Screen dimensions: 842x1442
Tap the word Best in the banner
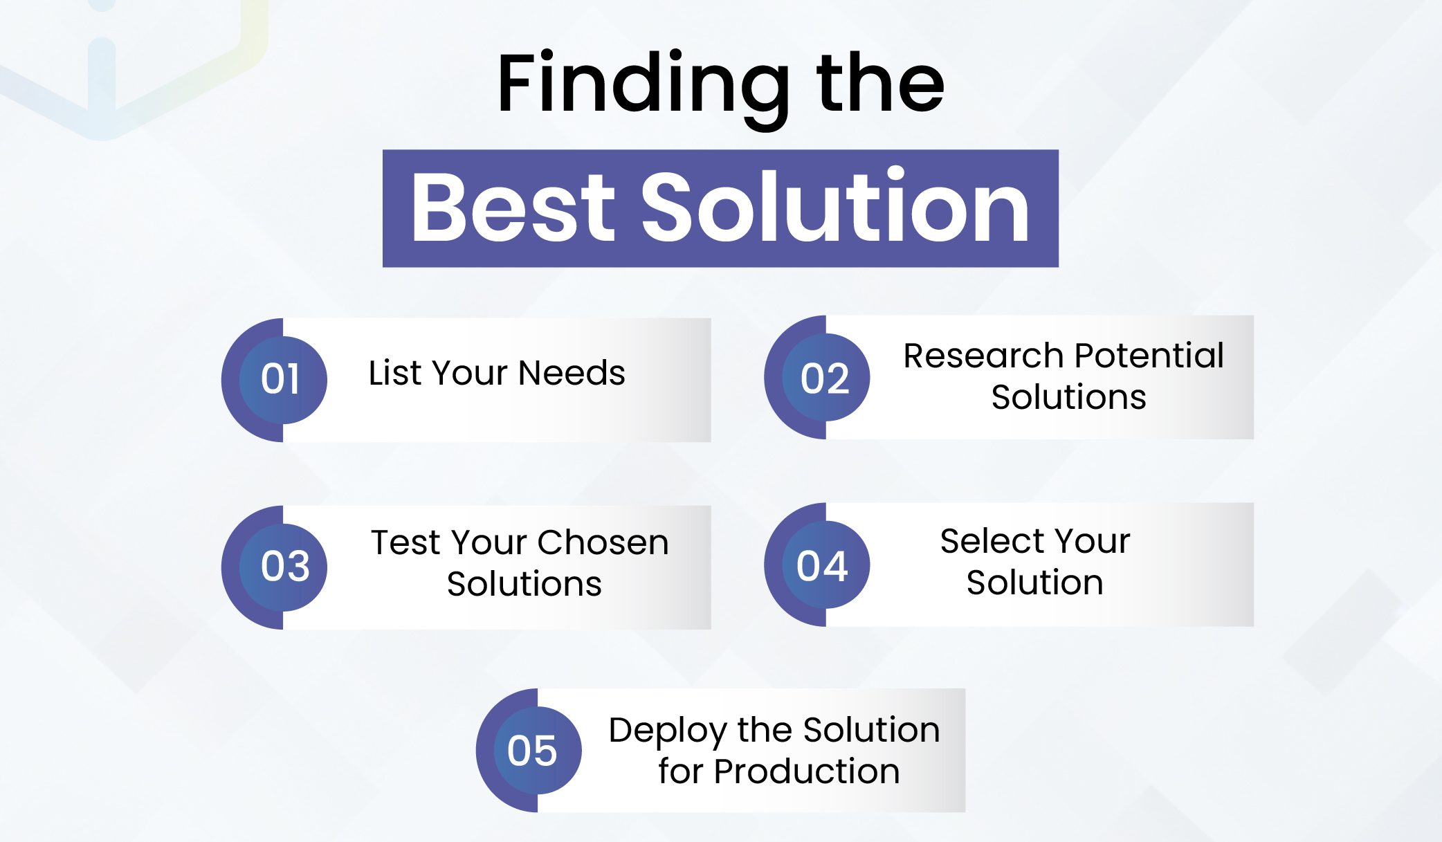[512, 208]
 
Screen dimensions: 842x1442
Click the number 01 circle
[282, 379]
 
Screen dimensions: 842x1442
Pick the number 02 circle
[825, 378]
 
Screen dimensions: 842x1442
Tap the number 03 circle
[284, 567]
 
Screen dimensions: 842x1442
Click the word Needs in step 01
[572, 373]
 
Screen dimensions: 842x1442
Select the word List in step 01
[394, 373]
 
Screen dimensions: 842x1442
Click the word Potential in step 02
[1149, 356]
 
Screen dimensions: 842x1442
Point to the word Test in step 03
[405, 542]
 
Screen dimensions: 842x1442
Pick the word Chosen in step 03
[603, 542]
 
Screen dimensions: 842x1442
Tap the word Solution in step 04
[1034, 583]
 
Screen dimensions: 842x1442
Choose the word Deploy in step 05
[668, 731]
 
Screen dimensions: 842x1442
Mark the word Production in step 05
[806, 771]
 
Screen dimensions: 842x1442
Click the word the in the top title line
[880, 84]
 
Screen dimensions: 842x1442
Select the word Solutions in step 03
[524, 584]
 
